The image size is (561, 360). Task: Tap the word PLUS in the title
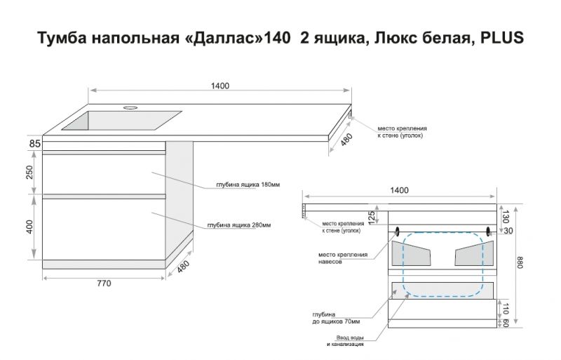[501, 38]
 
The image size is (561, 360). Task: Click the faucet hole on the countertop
[131, 109]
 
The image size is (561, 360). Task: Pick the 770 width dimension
[104, 284]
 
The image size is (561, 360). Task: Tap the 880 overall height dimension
[520, 264]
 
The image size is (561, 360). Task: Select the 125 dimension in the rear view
[372, 218]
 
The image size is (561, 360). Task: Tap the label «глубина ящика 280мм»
[239, 225]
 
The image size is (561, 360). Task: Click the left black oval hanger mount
[398, 231]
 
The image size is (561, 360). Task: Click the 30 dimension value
[508, 230]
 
